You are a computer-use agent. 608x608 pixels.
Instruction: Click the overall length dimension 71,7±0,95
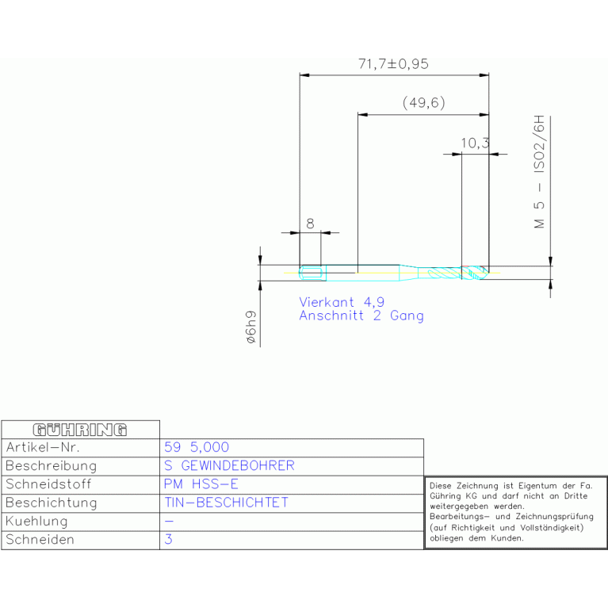[x=393, y=64]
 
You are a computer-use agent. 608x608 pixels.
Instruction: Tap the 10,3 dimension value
[x=475, y=143]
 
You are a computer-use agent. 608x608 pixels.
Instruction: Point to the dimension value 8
[x=310, y=224]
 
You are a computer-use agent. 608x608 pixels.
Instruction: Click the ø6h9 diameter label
[x=251, y=327]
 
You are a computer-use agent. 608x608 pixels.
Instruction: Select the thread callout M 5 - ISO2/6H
[x=539, y=172]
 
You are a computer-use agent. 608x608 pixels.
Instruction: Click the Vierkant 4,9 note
[x=342, y=302]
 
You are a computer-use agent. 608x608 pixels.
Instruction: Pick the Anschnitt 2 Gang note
[x=361, y=315]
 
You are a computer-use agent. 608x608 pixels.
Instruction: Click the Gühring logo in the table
[x=80, y=430]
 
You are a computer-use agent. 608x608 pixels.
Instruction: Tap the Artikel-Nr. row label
[x=43, y=447]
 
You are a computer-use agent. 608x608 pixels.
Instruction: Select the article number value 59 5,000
[x=197, y=447]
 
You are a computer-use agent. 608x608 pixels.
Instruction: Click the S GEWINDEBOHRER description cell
[x=229, y=465]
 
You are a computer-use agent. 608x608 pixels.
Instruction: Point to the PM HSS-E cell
[x=201, y=484]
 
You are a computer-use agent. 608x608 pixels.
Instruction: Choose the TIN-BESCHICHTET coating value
[x=227, y=503]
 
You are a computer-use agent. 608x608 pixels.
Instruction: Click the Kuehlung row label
[x=36, y=522]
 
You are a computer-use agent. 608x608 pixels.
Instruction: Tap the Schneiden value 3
[x=168, y=539]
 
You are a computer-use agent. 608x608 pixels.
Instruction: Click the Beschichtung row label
[x=52, y=503]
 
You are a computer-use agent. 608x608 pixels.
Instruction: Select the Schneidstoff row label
[x=48, y=484]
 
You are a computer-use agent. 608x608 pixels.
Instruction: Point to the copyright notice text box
[x=516, y=512]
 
